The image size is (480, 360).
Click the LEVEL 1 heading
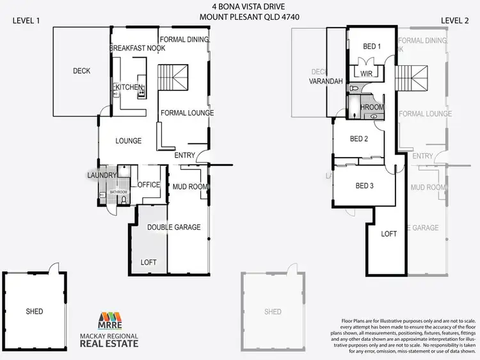coord(26,20)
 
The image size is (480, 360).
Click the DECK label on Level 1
coord(81,71)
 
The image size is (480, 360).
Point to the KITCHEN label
coord(128,87)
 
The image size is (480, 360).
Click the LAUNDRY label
coord(102,175)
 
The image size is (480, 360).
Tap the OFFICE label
coord(148,185)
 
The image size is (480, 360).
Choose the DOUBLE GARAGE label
coord(174,227)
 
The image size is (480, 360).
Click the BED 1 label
coord(372,46)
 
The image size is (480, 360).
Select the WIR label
coord(366,74)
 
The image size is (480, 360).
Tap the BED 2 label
coord(359,138)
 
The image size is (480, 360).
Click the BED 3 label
coord(364,186)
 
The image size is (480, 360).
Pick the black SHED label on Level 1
coord(35,311)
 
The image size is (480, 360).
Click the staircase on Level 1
coord(174,78)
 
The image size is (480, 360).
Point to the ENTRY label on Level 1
coord(184,156)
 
